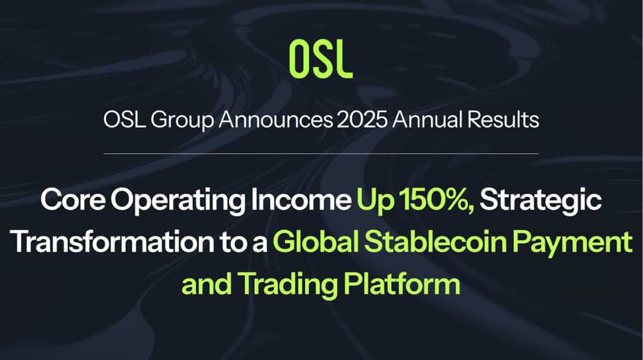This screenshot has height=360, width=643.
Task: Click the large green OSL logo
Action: pos(321,58)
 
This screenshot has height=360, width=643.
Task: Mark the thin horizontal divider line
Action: pos(321,154)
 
